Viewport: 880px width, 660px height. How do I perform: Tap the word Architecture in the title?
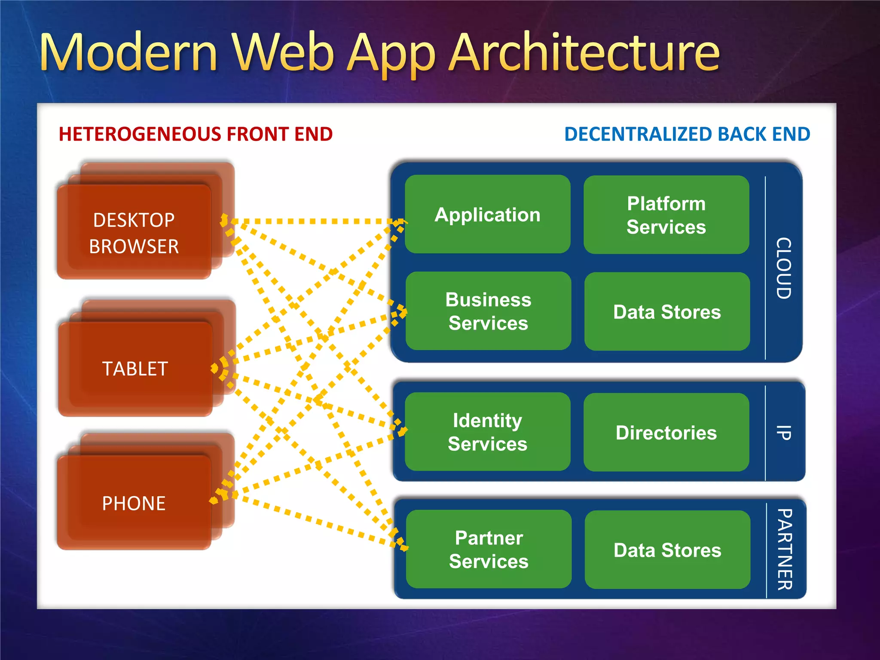click(584, 52)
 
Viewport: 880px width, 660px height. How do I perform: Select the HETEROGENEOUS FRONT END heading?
click(196, 134)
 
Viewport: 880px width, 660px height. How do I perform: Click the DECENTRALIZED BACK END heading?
click(687, 134)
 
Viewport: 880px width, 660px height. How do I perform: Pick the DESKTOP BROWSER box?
click(134, 233)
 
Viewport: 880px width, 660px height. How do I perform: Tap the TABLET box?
click(135, 369)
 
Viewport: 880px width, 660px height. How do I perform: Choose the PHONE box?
click(134, 503)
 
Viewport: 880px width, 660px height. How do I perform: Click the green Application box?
click(487, 214)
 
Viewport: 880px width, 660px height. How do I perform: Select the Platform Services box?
click(666, 215)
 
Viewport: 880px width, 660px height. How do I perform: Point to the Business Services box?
click(488, 311)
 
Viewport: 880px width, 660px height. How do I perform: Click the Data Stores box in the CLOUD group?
click(667, 312)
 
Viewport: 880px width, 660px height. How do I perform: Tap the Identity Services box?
click(487, 431)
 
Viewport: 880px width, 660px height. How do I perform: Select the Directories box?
click(666, 432)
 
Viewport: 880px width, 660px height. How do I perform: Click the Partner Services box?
click(489, 549)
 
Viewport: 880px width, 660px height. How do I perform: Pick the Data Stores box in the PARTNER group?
click(667, 550)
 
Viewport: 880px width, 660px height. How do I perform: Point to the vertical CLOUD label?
click(784, 268)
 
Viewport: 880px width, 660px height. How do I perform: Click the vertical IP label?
click(784, 432)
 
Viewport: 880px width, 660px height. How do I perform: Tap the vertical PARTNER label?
click(785, 549)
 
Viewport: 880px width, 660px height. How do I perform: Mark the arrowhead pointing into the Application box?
click(401, 222)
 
